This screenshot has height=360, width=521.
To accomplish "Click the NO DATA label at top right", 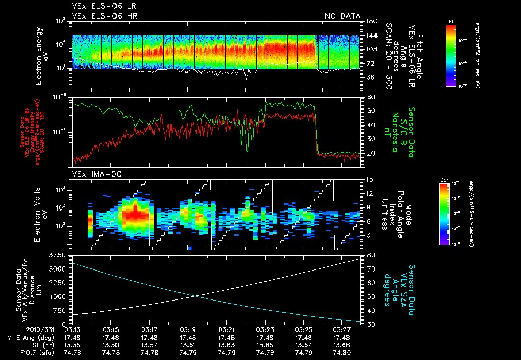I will click(x=342, y=16).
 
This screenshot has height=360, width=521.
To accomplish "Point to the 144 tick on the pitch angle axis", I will click(x=371, y=35).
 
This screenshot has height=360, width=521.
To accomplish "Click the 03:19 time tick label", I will click(x=188, y=330).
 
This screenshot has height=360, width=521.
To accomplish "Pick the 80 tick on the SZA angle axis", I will click(x=371, y=255).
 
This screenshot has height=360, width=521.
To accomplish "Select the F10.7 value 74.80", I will click(x=343, y=352).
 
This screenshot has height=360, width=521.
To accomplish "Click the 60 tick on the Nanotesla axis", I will click(x=371, y=97).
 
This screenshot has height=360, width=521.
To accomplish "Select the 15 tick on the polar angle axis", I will click(x=369, y=179).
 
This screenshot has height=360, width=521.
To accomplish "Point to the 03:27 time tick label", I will click(x=343, y=330).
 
